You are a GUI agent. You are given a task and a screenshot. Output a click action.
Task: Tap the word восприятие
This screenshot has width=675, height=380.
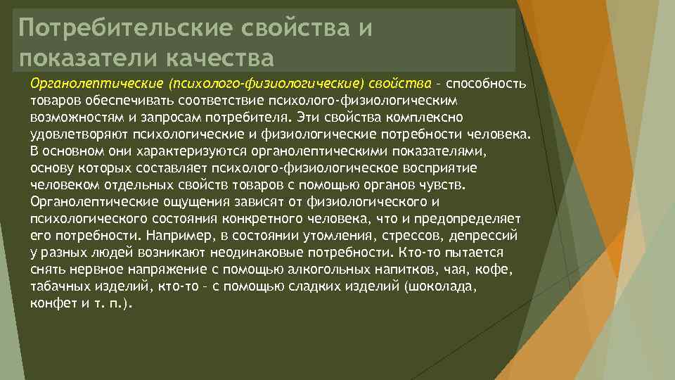coord(444,167)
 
